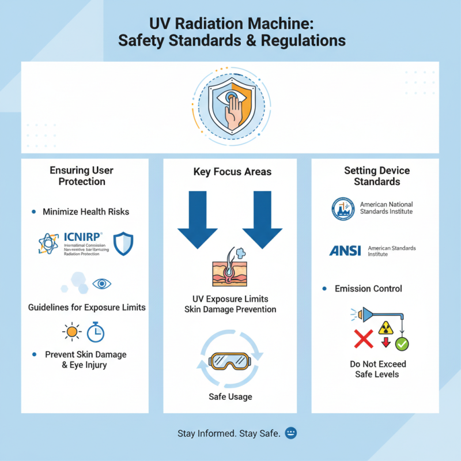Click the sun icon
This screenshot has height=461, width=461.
[x=71, y=332]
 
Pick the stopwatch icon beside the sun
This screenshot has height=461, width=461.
[x=95, y=332]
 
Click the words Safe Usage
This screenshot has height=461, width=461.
[x=230, y=397]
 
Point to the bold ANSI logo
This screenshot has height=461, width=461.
[x=346, y=250]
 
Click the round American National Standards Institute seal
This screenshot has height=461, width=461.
[x=344, y=209]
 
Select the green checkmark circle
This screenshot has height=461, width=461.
[x=402, y=343]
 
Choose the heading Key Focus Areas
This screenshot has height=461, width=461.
[x=230, y=172]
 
